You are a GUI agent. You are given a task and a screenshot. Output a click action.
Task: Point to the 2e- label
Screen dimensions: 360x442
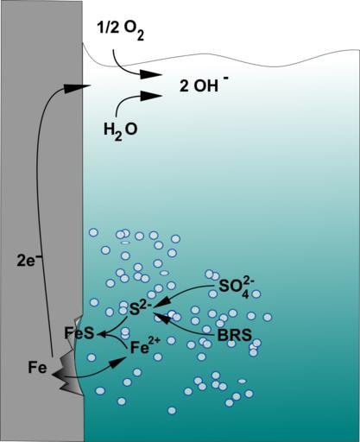29,262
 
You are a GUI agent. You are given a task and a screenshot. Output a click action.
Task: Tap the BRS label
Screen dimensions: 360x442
234,335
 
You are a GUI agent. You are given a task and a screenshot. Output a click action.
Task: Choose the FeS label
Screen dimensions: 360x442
79,333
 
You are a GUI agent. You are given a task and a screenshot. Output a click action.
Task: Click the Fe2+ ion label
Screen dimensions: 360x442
145,347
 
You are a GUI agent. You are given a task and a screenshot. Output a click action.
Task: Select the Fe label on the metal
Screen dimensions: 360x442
37,368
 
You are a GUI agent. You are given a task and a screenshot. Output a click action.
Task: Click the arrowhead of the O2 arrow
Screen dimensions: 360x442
150,75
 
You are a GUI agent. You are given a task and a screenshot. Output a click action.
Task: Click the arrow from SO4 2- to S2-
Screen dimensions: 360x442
182,294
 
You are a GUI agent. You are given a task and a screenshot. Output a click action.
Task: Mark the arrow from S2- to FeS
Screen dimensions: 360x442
115,328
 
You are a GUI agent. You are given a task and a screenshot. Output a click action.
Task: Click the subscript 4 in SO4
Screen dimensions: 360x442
244,294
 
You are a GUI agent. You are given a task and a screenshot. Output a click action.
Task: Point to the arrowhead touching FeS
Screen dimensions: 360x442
101,334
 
